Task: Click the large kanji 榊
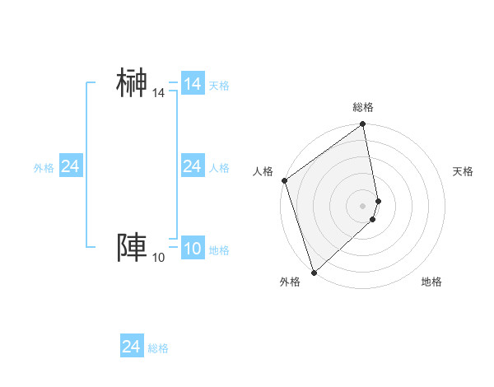133,83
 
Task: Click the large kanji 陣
133,248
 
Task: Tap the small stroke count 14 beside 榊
158,94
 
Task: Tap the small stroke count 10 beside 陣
158,259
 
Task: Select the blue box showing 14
193,84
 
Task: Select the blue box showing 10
193,249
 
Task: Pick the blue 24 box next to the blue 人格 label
193,167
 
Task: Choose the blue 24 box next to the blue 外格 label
71,167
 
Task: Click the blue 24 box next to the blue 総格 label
132,347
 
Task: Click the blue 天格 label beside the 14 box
219,86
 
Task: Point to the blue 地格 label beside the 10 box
219,251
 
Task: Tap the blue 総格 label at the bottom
158,348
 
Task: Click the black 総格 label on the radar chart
363,107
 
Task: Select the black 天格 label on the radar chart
463,171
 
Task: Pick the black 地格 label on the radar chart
431,282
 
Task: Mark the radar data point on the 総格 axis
363,125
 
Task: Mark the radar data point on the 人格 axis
284,181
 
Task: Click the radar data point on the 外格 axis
314,273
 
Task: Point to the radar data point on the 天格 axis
378,201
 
